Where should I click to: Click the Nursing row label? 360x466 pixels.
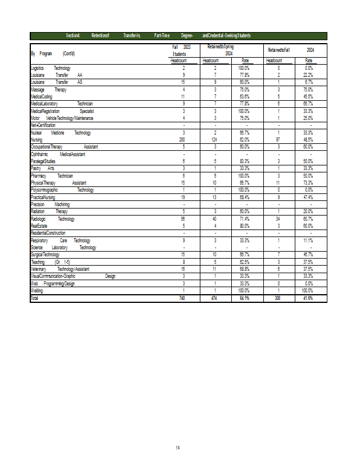click(36, 140)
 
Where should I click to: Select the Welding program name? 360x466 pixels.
click(36, 290)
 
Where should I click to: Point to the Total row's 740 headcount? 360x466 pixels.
click(183, 298)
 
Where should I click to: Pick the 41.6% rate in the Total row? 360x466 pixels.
click(308, 298)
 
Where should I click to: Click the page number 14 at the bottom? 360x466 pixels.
click(178, 447)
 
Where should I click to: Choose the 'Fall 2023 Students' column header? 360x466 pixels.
click(182, 50)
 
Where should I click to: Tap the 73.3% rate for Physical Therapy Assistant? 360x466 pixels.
click(308, 182)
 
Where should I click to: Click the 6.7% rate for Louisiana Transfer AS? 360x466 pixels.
click(309, 82)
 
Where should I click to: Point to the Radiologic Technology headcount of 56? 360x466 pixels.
click(183, 219)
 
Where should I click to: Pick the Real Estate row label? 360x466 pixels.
click(39, 225)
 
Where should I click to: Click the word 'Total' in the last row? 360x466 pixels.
click(36, 298)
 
